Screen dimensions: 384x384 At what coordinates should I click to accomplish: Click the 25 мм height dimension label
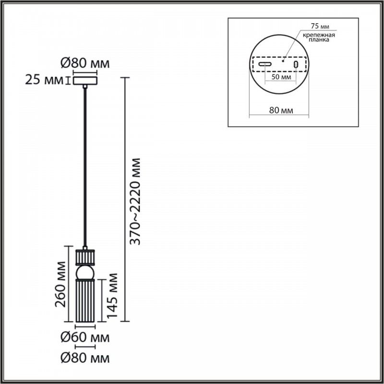(44, 80)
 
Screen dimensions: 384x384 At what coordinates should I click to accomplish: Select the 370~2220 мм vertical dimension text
(135, 201)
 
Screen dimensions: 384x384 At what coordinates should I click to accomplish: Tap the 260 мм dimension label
(60, 284)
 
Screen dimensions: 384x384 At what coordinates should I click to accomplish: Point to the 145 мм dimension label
(112, 295)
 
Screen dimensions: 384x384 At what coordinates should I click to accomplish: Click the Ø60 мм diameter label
(85, 338)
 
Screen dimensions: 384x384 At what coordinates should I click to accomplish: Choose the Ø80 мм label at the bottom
(85, 358)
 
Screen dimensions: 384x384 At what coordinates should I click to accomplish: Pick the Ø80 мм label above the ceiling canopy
(85, 63)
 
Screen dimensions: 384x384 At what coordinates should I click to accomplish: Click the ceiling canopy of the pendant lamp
(85, 81)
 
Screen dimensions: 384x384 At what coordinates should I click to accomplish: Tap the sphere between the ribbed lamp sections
(85, 272)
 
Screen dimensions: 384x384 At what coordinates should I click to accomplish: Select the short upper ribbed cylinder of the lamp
(85, 257)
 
